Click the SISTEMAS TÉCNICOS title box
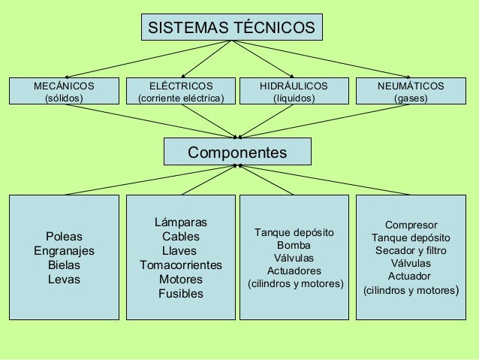(231, 28)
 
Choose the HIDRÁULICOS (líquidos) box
(294, 92)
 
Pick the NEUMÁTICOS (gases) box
(410, 92)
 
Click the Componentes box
(236, 153)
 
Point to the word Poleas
(65, 236)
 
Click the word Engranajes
(65, 250)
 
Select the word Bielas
(65, 265)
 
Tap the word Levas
(65, 280)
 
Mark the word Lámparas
(180, 222)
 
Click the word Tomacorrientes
(180, 265)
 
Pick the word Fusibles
(180, 294)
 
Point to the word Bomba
(294, 245)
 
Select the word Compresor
(411, 225)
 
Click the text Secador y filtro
(411, 250)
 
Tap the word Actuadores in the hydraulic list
(294, 271)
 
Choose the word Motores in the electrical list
(180, 280)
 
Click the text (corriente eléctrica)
(180, 98)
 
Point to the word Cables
(180, 237)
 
